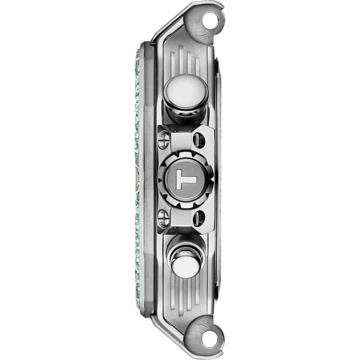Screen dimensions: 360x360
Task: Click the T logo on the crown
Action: point(186,179)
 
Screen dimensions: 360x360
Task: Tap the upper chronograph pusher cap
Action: point(186,91)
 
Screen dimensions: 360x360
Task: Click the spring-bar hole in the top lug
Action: point(210,20)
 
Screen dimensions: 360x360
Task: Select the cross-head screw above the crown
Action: point(164,140)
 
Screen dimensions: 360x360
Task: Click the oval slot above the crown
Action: point(199,140)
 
